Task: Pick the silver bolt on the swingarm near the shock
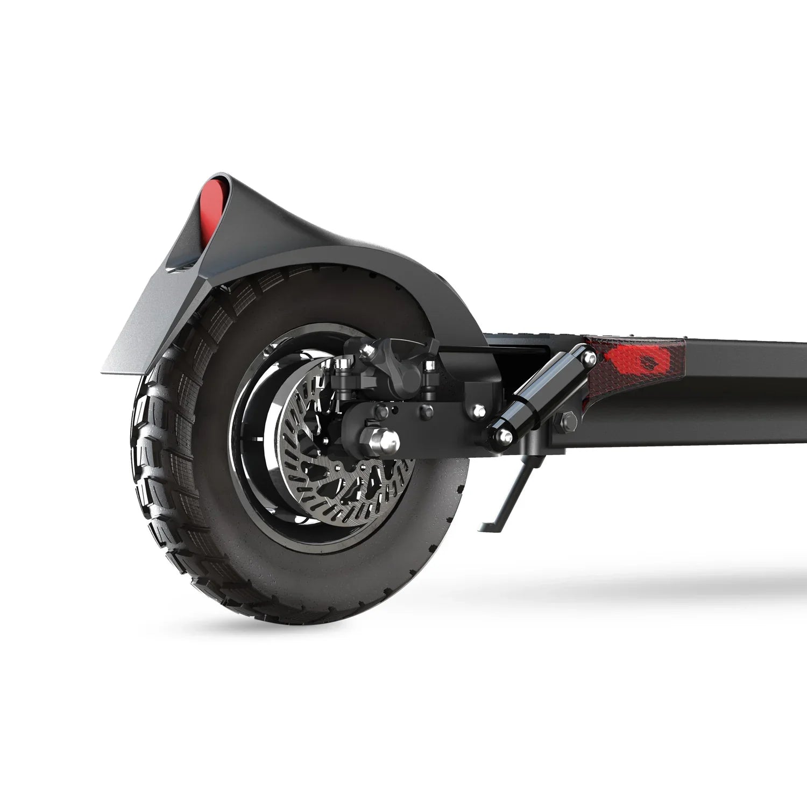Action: pyautogui.click(x=477, y=412)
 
